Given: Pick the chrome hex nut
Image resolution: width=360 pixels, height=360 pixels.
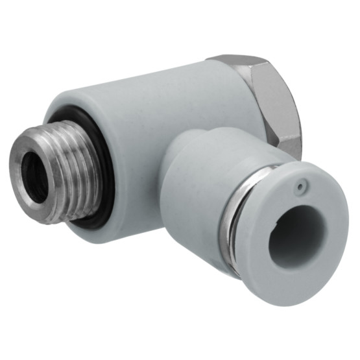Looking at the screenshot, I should tap(269, 104).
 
